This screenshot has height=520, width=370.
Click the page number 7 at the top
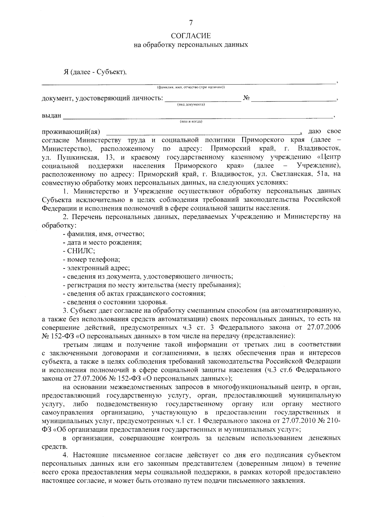click(191, 23)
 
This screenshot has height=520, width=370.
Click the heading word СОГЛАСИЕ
click(191, 36)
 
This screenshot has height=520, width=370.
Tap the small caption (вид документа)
click(191, 105)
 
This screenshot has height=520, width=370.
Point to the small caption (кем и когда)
click(191, 122)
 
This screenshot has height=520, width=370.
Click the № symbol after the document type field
click(246, 98)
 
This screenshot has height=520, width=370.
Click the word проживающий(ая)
click(71, 132)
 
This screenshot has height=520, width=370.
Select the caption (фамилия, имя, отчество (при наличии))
click(191, 87)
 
